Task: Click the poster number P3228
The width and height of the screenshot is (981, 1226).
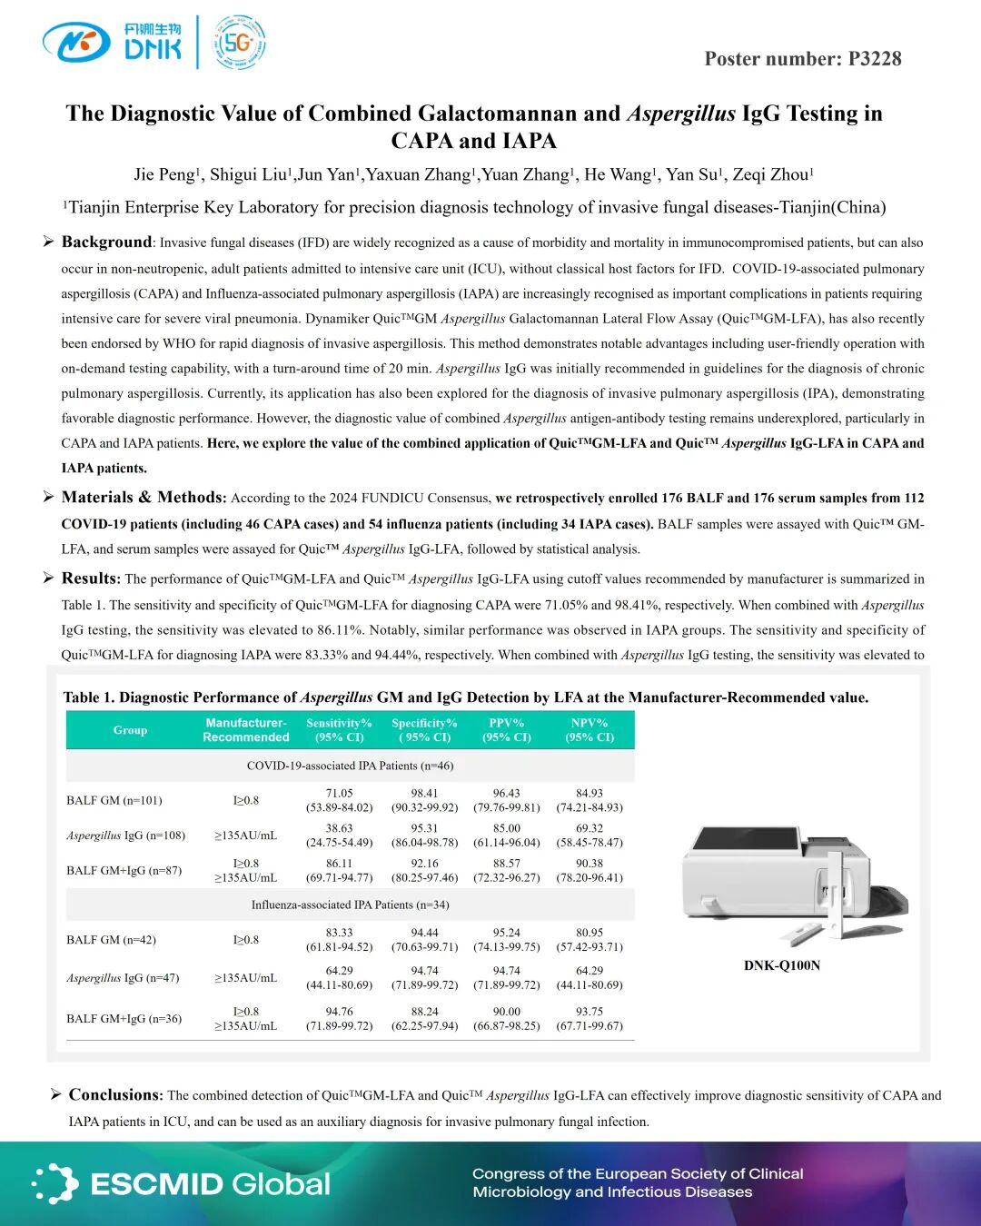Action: [x=802, y=59]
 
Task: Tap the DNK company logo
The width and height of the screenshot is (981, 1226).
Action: [x=113, y=42]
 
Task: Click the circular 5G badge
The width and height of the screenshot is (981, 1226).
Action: [x=239, y=43]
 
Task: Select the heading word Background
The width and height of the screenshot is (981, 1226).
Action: [x=106, y=242]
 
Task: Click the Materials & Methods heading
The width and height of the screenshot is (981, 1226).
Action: [x=143, y=497]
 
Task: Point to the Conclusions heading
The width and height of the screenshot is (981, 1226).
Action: [x=115, y=1094]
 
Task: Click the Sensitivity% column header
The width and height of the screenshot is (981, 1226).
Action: [x=339, y=730]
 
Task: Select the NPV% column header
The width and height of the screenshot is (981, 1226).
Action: [x=590, y=730]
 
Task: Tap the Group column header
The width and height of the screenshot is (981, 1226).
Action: [x=130, y=730]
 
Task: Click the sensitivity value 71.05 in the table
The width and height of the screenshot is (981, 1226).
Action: [x=339, y=793]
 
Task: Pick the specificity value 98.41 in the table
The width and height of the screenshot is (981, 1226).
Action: [x=424, y=793]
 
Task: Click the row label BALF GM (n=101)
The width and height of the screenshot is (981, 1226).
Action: [x=114, y=800]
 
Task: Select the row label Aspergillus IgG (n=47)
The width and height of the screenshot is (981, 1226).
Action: [x=123, y=978]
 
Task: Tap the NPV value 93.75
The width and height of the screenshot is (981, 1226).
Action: [x=590, y=1012]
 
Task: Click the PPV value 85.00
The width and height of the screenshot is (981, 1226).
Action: [x=507, y=828]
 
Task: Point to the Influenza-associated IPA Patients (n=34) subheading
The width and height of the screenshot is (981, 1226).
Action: [x=350, y=905]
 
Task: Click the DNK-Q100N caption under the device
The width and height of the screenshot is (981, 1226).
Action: [x=781, y=965]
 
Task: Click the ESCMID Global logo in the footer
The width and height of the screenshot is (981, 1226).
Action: [x=182, y=1184]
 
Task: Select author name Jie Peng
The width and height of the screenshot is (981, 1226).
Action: [x=165, y=174]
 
